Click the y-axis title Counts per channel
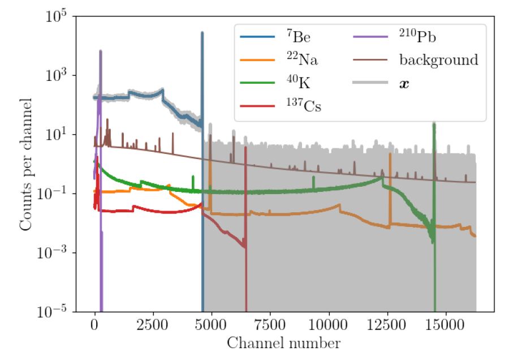25,164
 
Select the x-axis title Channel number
284,343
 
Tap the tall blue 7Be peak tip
202,32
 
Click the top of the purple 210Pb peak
100,51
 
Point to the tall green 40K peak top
434,123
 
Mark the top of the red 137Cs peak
245,148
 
